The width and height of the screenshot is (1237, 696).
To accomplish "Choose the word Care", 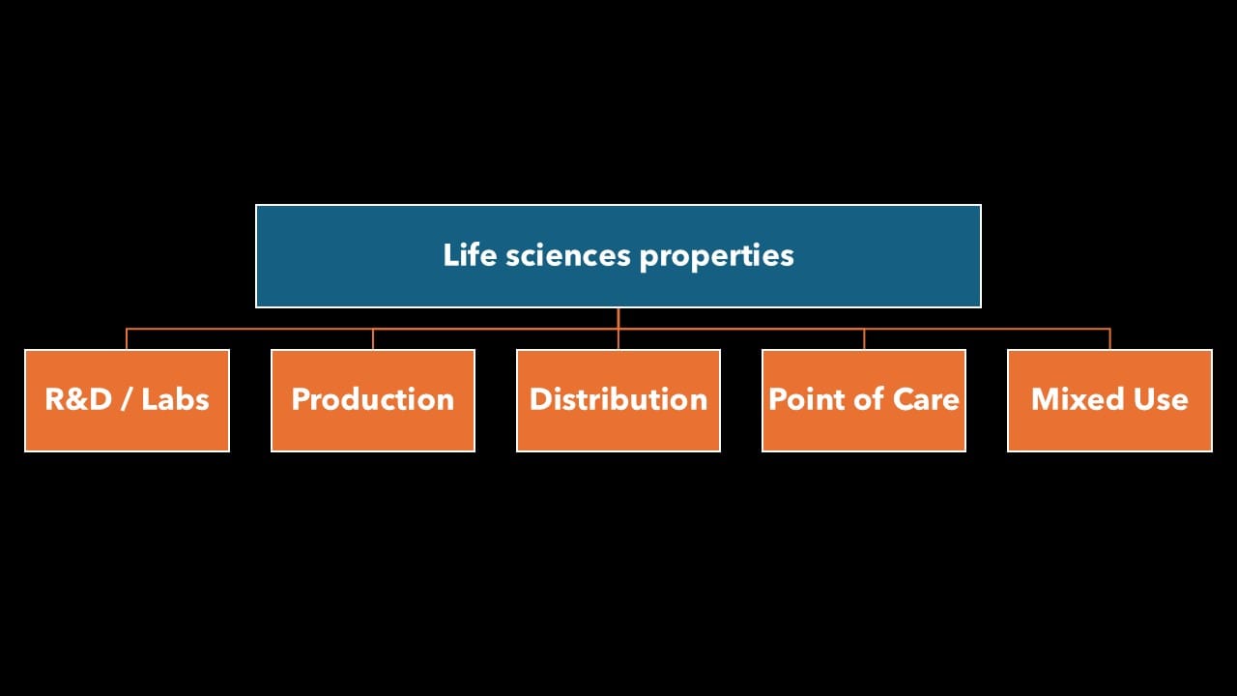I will click(x=925, y=399).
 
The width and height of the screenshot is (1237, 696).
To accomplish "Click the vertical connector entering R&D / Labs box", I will click(x=127, y=339).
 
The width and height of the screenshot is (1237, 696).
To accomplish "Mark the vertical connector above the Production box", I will click(x=373, y=339).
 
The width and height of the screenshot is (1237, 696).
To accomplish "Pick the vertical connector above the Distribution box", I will click(x=618, y=339).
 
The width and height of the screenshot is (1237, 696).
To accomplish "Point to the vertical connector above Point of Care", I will click(x=864, y=339).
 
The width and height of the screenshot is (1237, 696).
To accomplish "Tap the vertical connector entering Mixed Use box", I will click(x=1109, y=339).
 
